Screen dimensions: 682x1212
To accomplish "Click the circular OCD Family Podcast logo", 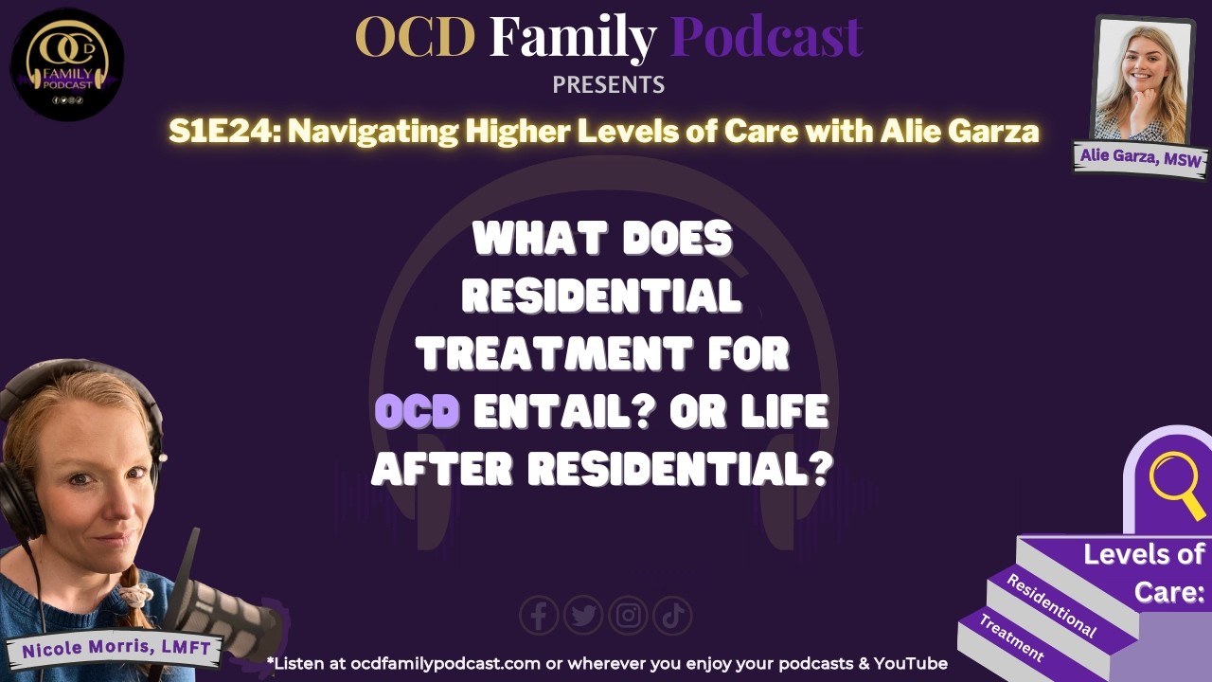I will tap(67, 63).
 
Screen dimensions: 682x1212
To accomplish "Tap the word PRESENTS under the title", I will tap(608, 85).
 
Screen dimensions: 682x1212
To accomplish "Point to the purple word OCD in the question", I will tap(418, 413).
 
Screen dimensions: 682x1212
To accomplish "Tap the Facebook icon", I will tap(539, 617).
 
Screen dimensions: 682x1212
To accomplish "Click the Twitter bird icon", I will tap(583, 617).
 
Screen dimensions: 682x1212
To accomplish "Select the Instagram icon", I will tap(628, 617).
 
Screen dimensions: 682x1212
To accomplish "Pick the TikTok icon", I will tap(672, 617).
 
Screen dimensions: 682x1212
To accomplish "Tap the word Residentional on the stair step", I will tap(1051, 605).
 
